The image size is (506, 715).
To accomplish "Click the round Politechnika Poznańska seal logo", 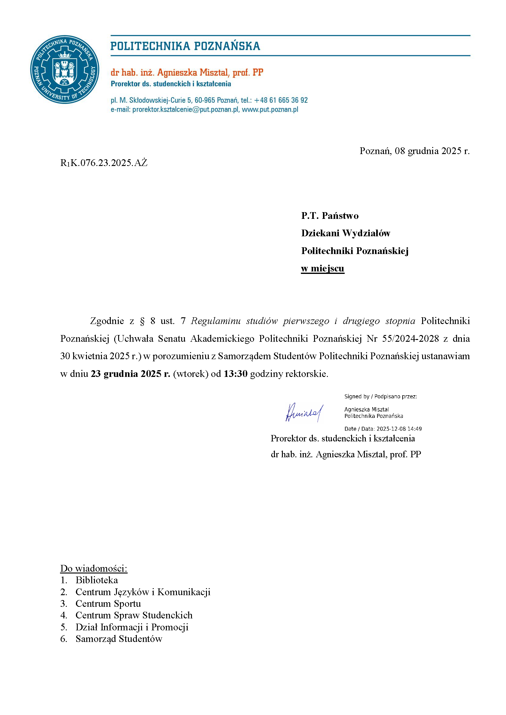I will (x=65, y=69).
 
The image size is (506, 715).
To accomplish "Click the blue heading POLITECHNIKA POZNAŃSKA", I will (x=185, y=46).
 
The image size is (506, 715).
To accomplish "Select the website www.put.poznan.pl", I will (x=270, y=110).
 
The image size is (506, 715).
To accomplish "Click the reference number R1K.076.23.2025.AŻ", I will (x=103, y=163).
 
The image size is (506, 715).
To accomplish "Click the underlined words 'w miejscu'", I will (x=322, y=268).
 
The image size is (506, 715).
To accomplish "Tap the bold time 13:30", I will (x=235, y=374).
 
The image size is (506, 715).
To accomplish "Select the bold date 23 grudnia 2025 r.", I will (x=130, y=374).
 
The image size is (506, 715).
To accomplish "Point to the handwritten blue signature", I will (x=304, y=413).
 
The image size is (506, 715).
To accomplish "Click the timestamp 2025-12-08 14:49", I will (x=399, y=429).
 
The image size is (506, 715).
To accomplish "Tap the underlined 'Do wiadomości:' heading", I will (x=94, y=568).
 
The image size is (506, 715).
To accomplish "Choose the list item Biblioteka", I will (x=97, y=580).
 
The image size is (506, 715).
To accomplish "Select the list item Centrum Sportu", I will (x=108, y=603).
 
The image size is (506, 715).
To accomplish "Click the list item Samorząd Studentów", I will (x=119, y=639).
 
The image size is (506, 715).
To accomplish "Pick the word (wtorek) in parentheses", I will (x=190, y=374).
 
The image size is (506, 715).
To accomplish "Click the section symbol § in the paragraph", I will (x=142, y=321).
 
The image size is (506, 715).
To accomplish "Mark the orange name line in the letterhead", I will (x=187, y=72).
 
